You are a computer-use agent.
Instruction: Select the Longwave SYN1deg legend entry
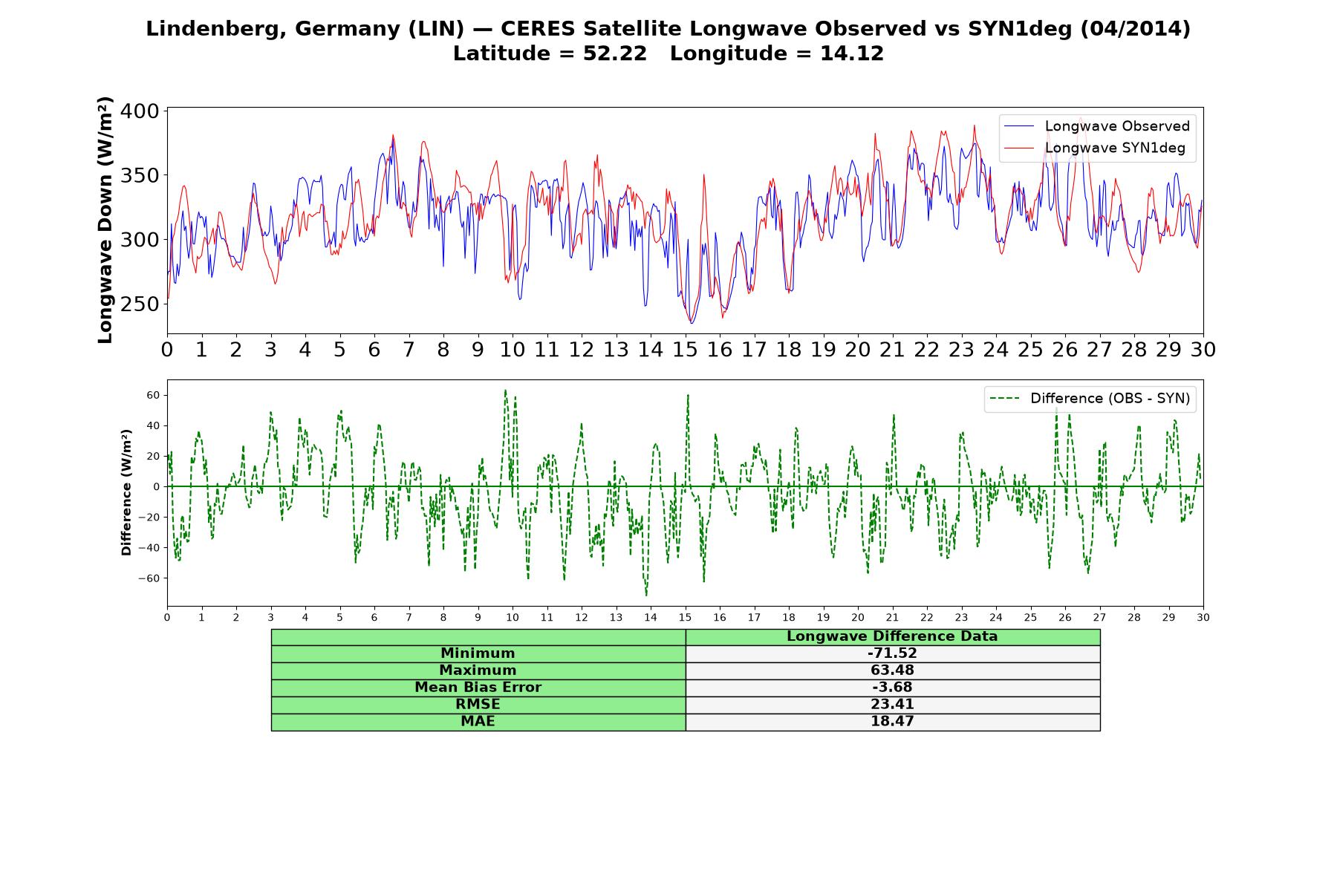click(1095, 148)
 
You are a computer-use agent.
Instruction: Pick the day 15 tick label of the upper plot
click(685, 350)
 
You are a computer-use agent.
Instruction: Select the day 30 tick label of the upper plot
click(1203, 350)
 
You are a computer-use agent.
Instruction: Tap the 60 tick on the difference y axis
click(153, 395)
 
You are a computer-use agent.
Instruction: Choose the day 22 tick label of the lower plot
click(926, 618)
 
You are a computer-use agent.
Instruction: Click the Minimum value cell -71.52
click(892, 653)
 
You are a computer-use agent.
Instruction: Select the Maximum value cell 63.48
click(892, 670)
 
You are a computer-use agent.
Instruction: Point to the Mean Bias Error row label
click(478, 688)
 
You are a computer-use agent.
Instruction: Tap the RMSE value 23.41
click(892, 705)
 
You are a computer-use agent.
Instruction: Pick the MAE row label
click(478, 722)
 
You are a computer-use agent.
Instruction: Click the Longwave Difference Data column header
click(892, 636)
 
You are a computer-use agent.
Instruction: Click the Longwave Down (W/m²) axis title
click(105, 220)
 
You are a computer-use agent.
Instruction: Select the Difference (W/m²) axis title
click(126, 492)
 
